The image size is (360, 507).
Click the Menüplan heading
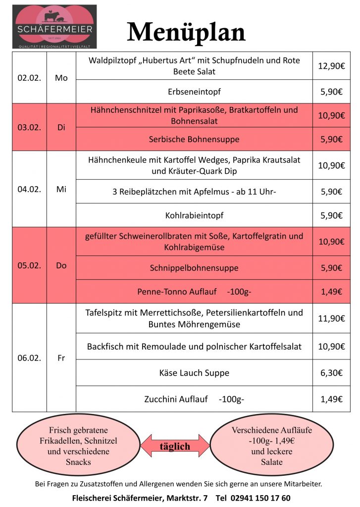coord(186,32)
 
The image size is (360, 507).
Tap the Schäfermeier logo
coord(54,26)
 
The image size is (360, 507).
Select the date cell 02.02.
coord(29,78)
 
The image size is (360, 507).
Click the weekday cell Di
coord(61,127)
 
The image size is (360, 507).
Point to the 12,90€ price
coord(331,65)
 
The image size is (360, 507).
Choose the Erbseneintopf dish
coord(194,92)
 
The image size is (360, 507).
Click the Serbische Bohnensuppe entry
coord(194,139)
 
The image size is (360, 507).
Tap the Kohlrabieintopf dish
coord(194,215)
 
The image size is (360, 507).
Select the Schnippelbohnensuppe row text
coord(194,268)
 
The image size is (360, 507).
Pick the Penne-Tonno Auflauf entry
coord(194,292)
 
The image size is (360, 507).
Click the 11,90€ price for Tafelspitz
coord(331,318)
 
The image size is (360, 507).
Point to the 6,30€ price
coord(331,373)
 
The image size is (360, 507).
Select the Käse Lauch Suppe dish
coord(194,373)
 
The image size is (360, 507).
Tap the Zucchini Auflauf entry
coord(194,399)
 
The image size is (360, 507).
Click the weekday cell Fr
coord(61,358)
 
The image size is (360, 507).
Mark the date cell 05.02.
coord(29,265)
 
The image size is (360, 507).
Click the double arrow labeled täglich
coord(175,446)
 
